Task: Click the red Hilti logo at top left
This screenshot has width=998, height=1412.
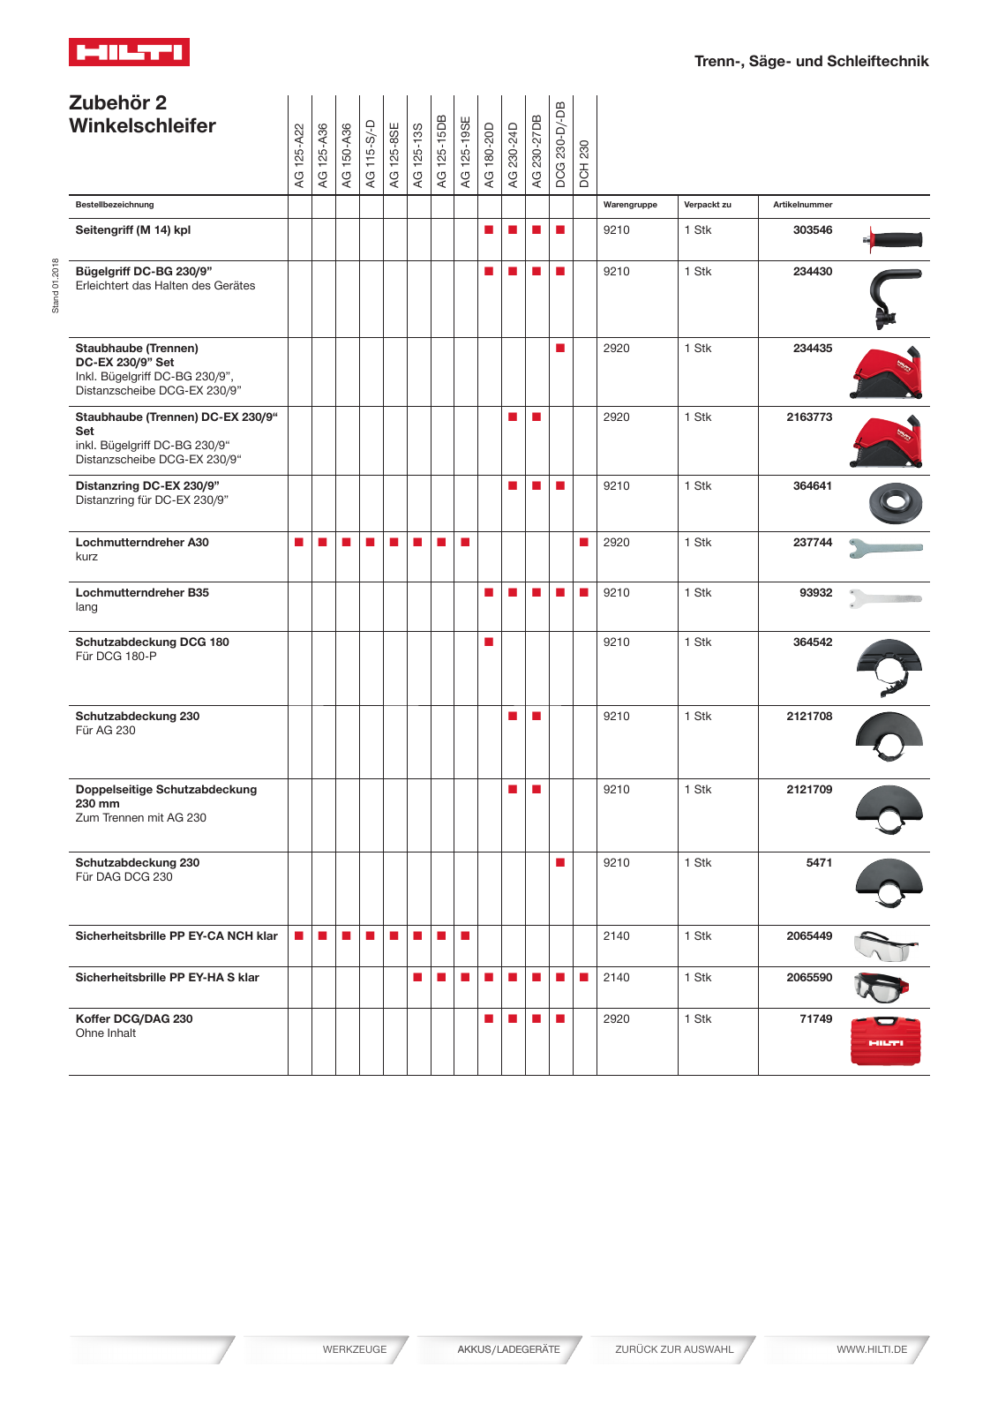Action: tap(129, 52)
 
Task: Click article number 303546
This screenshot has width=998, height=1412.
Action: tap(812, 230)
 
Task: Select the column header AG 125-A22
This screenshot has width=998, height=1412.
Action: tap(299, 155)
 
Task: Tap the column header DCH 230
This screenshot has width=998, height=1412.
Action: tap(584, 163)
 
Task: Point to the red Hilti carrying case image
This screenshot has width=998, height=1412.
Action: tap(885, 1041)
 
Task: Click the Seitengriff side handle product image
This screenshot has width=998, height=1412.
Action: tap(893, 239)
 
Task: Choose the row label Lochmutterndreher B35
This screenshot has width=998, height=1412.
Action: tap(142, 593)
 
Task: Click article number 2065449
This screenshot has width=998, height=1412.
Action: tap(808, 936)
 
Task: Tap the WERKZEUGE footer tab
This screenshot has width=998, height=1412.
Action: tap(354, 1349)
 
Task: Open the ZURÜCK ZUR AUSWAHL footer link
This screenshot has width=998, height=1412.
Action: tap(674, 1349)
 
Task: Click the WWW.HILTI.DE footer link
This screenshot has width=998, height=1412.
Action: tap(871, 1349)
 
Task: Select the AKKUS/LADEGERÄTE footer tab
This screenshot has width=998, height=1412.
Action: tap(508, 1349)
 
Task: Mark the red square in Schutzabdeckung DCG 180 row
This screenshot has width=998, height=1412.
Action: tap(489, 642)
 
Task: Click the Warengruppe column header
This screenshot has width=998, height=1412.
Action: tap(630, 205)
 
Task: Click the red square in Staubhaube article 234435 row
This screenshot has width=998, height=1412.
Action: tap(560, 349)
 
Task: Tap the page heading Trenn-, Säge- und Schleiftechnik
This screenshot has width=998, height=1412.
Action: tap(811, 61)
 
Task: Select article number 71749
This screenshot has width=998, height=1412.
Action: tap(815, 1019)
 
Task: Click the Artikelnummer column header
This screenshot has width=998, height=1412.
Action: tap(802, 205)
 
